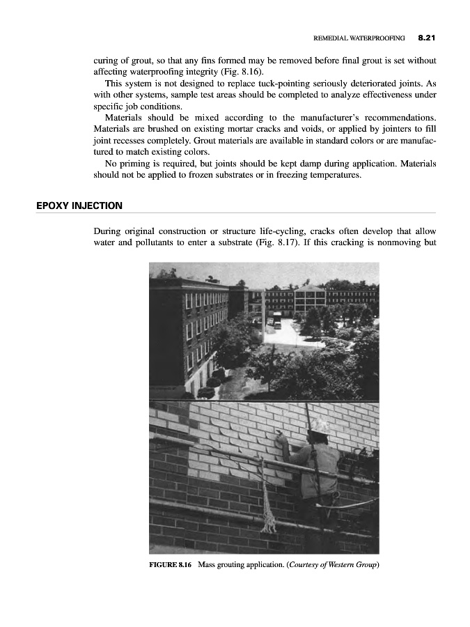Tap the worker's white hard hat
pyautogui.click(x=319, y=426)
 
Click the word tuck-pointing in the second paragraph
pyautogui.click(x=298, y=82)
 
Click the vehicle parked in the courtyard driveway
pyautogui.click(x=276, y=323)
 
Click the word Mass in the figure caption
pyautogui.click(x=210, y=564)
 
